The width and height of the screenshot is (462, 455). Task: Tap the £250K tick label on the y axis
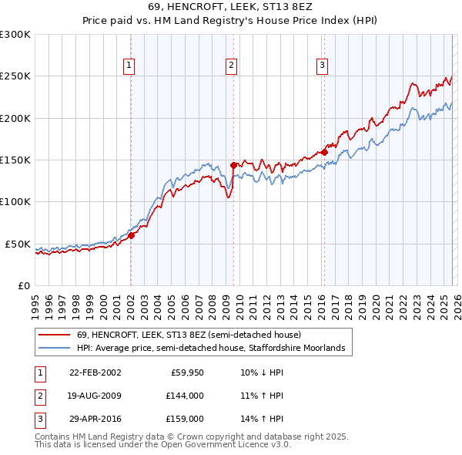(15, 76)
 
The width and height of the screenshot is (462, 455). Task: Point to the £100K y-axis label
(15, 201)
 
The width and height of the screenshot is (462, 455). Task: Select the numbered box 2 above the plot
(231, 66)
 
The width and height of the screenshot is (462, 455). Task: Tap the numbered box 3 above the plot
(322, 66)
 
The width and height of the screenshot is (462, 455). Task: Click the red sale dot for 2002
(132, 235)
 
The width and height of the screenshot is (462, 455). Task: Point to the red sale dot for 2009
(233, 164)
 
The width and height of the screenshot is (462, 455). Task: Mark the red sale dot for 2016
(325, 152)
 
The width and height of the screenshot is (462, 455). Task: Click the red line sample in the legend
(55, 335)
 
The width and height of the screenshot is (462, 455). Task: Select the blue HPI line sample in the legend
(55, 349)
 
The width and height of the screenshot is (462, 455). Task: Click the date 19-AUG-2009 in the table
(95, 396)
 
